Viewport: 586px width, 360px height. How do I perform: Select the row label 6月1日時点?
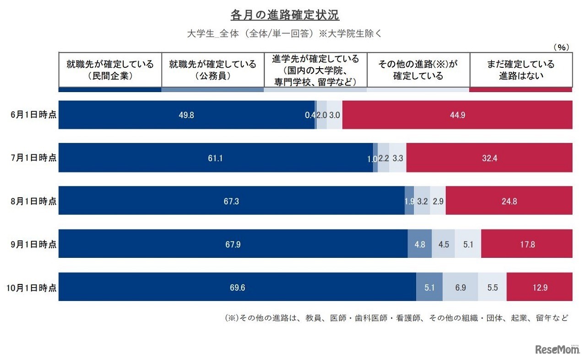(x=34, y=115)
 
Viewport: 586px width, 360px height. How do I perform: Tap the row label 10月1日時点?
(x=32, y=288)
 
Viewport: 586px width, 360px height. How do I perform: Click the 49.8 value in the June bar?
(x=186, y=115)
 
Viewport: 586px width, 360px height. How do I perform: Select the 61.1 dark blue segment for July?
(x=215, y=158)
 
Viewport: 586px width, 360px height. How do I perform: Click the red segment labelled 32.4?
(x=489, y=158)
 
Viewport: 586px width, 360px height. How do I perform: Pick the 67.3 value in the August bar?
(x=231, y=201)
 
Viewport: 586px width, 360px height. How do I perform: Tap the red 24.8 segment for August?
(x=509, y=201)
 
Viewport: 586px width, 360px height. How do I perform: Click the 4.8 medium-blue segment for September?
(x=419, y=244)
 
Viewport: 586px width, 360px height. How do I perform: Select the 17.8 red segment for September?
(x=526, y=244)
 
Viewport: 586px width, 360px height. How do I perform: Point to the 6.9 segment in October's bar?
(x=460, y=288)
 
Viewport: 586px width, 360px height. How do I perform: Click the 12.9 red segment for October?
(x=539, y=288)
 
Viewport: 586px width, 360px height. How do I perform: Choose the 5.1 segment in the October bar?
(x=429, y=288)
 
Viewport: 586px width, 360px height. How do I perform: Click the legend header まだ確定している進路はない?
(x=521, y=70)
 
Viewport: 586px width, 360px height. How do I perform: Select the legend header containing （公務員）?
(x=212, y=70)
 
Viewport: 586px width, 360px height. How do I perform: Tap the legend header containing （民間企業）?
(x=110, y=70)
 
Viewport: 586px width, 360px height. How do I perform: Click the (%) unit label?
(x=561, y=47)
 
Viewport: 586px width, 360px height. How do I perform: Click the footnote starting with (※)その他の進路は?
(x=396, y=317)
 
